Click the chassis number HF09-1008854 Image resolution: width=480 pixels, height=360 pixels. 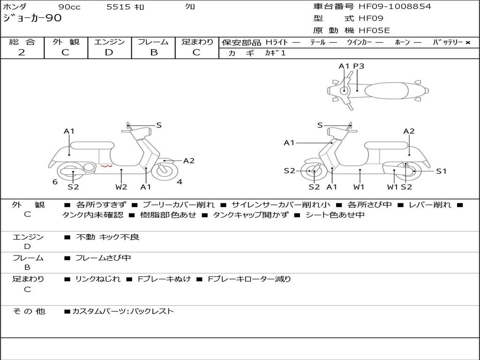pos(395,7)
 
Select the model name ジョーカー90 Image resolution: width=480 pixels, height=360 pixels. pos(32,19)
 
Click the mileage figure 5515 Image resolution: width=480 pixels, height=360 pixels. pos(119,7)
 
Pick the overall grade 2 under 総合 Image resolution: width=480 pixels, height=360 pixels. pos(22,52)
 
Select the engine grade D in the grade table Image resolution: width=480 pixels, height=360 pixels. pos(109,52)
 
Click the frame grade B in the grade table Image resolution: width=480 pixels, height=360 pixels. pos(153,52)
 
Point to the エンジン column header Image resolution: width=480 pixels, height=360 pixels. pos(109,42)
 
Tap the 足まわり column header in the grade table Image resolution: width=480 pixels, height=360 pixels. pos(197,42)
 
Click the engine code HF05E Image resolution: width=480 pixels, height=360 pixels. pos(374,30)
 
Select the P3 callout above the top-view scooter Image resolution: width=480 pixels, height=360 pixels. pos(359,66)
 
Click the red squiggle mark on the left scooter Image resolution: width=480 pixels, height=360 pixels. pos(106,165)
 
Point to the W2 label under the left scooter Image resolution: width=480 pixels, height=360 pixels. pos(121,187)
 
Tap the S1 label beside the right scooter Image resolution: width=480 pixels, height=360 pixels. pos(441,171)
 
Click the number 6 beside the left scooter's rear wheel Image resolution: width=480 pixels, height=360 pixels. pos(55,182)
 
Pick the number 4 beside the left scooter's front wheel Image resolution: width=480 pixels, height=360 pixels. pos(180,182)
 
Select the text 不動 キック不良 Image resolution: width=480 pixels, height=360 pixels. pos(107,237)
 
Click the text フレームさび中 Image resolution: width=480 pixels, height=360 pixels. pos(103,258)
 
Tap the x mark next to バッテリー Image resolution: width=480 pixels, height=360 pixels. pos(467,43)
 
